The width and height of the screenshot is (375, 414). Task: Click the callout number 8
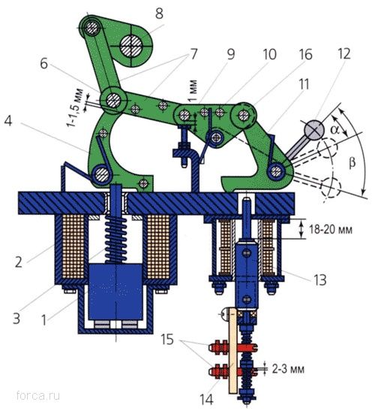click(x=160, y=14)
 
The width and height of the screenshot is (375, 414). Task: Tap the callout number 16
click(x=305, y=55)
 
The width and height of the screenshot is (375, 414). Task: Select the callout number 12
click(x=344, y=54)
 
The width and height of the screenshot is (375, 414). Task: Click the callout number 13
click(x=319, y=280)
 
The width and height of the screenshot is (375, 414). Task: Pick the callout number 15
click(x=167, y=340)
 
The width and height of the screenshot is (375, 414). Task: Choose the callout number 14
click(x=207, y=400)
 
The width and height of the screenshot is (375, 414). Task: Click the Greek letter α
click(x=335, y=130)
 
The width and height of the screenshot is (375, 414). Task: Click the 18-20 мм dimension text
click(x=331, y=230)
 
